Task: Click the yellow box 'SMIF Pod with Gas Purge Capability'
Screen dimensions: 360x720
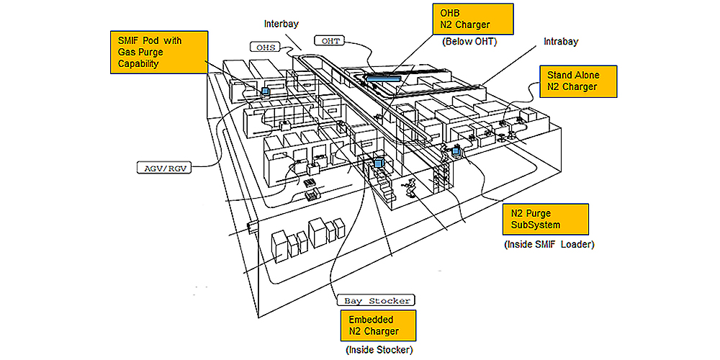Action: click(x=158, y=52)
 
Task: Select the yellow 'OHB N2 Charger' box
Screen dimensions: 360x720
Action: click(x=472, y=19)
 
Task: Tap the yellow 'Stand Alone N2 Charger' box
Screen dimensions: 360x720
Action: click(x=578, y=81)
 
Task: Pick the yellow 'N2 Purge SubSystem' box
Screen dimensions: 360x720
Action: click(x=544, y=220)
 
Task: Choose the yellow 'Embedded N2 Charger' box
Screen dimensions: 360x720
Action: click(x=378, y=325)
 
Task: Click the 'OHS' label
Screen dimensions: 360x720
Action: click(x=262, y=48)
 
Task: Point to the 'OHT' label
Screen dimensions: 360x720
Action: click(x=331, y=41)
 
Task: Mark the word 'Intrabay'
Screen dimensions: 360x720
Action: click(x=560, y=42)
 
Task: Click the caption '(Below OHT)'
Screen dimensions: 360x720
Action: click(x=469, y=42)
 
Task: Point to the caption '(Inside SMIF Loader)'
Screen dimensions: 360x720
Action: click(x=549, y=246)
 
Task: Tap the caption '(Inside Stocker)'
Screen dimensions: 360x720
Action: click(x=379, y=350)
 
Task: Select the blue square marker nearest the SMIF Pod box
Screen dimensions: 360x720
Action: click(x=265, y=91)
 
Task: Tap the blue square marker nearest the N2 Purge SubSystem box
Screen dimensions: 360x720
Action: click(x=456, y=151)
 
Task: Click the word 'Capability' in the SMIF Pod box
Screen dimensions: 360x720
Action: click(x=138, y=64)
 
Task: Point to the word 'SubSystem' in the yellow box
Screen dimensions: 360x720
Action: click(x=534, y=225)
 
